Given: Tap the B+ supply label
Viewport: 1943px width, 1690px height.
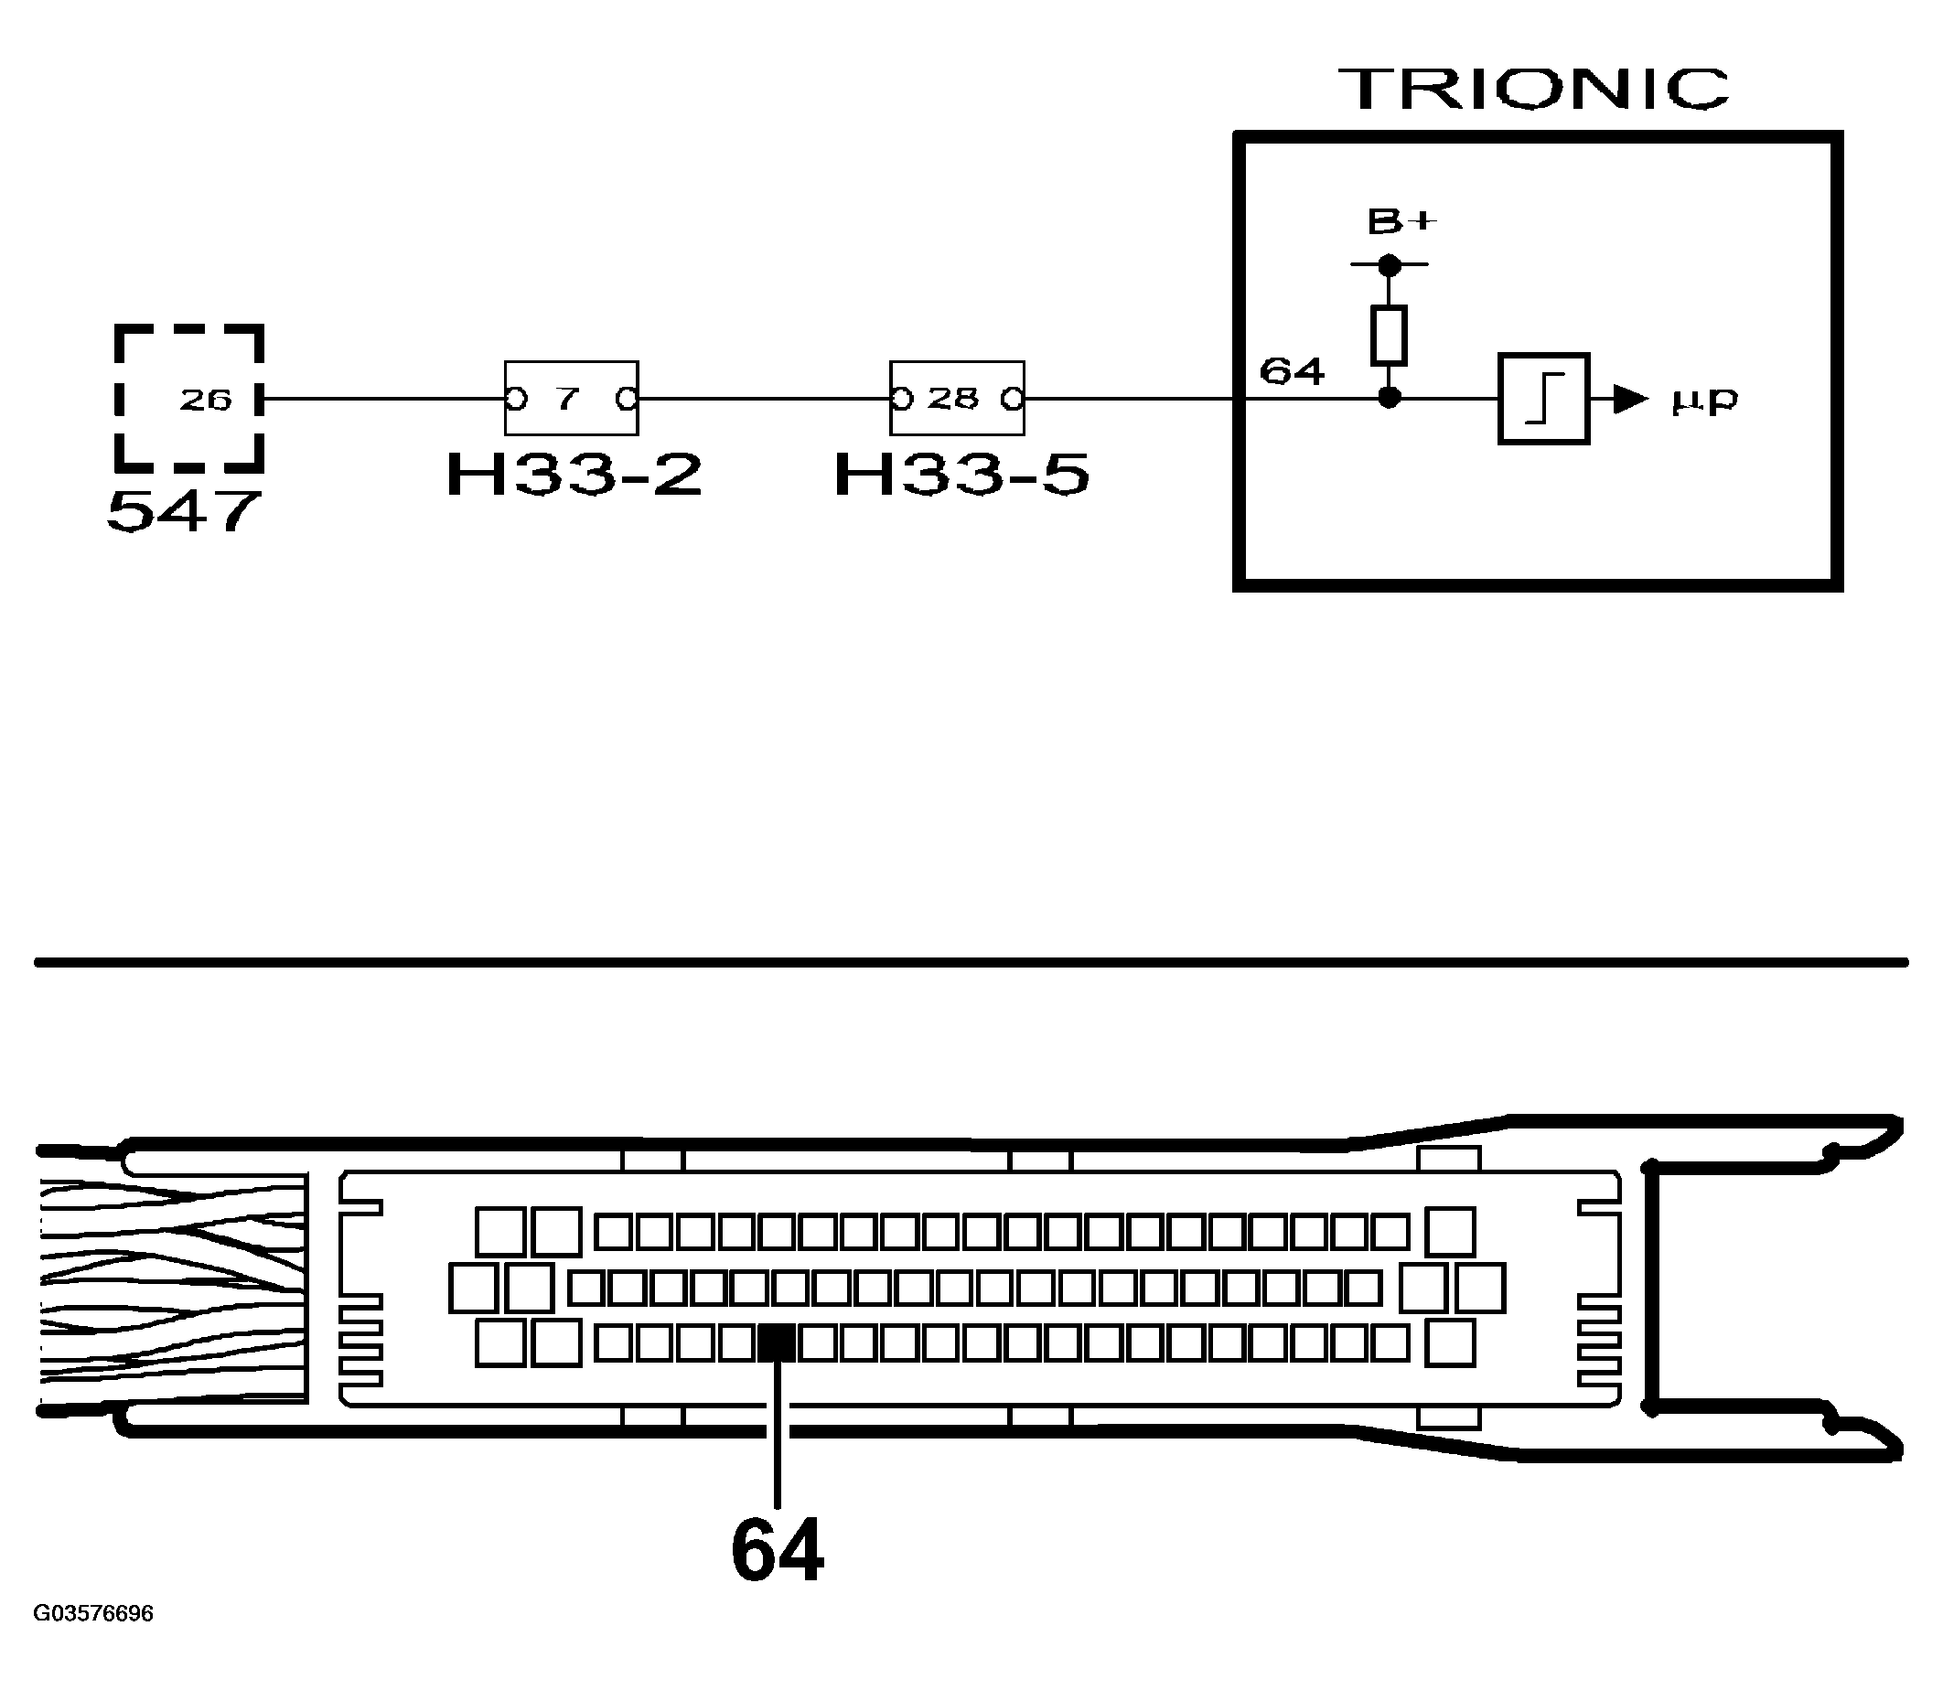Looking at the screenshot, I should click(x=1401, y=222).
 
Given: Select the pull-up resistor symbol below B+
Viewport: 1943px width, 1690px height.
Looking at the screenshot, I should click(x=1389, y=335).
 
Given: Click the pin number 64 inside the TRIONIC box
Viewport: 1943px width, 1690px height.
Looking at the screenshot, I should click(x=1293, y=371).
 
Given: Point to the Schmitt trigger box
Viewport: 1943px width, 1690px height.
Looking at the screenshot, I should click(x=1543, y=399).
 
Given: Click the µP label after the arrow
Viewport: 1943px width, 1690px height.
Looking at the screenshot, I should click(x=1703, y=401).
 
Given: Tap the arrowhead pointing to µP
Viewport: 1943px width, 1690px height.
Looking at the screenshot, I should click(x=1629, y=399).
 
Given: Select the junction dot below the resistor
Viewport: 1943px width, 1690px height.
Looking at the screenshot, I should click(x=1390, y=398).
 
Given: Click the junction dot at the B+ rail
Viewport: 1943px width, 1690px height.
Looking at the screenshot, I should click(x=1390, y=266).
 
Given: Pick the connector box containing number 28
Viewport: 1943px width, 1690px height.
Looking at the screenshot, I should click(x=957, y=398).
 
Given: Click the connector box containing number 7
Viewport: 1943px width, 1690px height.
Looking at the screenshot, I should click(x=571, y=398).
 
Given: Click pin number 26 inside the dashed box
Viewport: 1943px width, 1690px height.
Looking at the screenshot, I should click(x=206, y=400).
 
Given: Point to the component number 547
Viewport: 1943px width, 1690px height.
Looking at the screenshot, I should click(x=184, y=512).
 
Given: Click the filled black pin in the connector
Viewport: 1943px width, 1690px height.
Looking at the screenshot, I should click(x=777, y=1342).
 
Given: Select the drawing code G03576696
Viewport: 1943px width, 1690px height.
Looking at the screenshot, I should click(x=92, y=1613).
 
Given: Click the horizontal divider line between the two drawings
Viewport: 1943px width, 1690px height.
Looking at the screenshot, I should click(x=972, y=963).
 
